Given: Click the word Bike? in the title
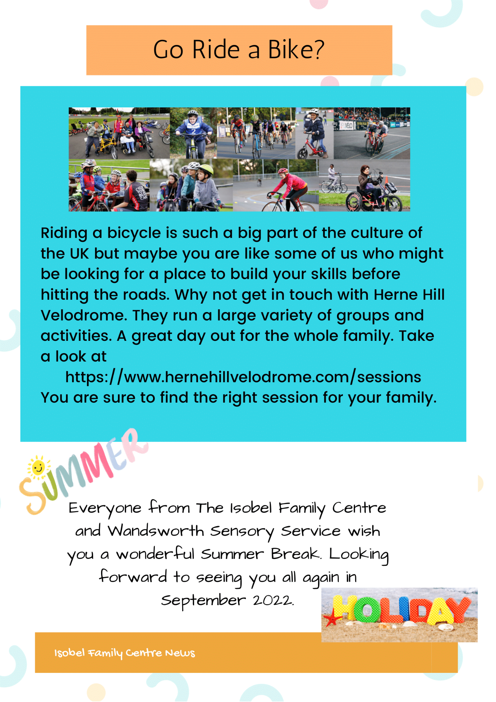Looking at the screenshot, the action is tap(296, 49).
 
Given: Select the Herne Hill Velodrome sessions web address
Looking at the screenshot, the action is tap(243, 377).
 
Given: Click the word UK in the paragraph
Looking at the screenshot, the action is tap(80, 253).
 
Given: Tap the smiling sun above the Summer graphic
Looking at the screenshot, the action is tap(38, 467).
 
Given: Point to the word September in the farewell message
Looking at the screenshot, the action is tap(203, 601).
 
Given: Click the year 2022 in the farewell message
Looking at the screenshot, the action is tap(273, 600).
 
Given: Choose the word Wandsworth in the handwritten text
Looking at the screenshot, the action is tap(156, 531).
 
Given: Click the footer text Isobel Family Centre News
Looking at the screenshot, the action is tap(125, 653).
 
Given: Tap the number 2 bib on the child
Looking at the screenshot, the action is tap(193, 131).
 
